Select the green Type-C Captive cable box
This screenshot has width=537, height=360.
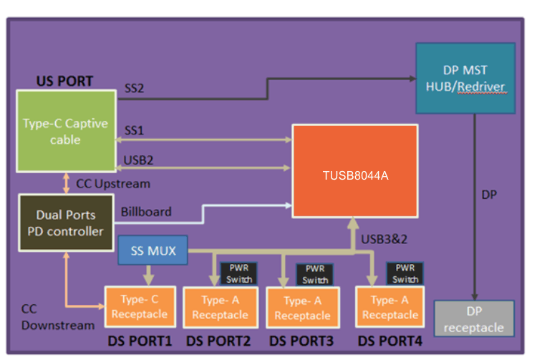click(x=66, y=131)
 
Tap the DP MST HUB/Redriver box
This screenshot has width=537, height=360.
click(x=465, y=78)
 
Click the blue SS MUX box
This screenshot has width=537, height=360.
click(x=152, y=251)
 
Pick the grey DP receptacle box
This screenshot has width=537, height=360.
click(x=474, y=319)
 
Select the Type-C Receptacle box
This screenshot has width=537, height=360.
click(x=140, y=307)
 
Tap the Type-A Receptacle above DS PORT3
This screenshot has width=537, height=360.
click(x=301, y=308)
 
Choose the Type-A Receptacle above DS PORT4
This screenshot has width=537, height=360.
click(x=390, y=308)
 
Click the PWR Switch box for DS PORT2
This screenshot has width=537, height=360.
click(x=237, y=273)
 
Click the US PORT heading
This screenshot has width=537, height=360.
click(x=64, y=81)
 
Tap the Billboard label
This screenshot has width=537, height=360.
click(x=146, y=212)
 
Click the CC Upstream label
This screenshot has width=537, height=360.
click(x=113, y=184)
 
